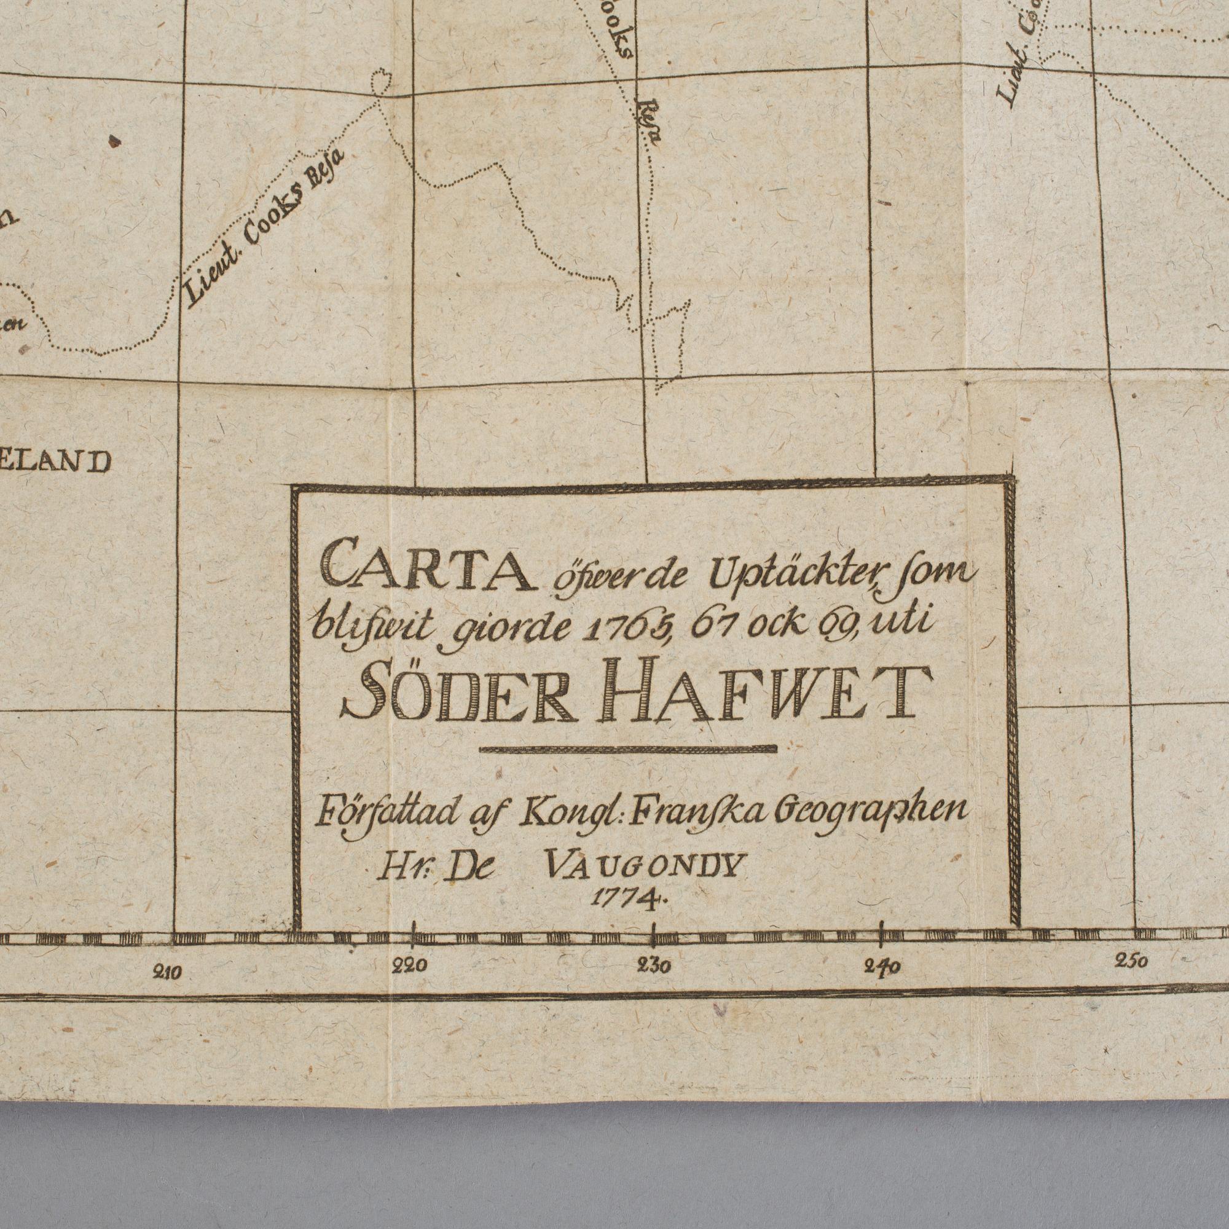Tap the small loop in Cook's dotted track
(x=381, y=83)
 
